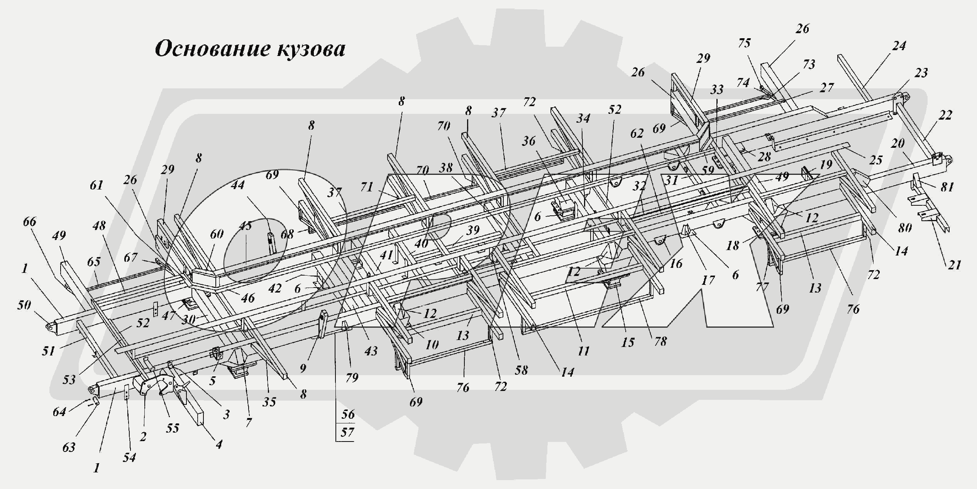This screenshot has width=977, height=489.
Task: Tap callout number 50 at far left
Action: click(x=24, y=305)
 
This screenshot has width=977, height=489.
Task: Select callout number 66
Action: click(x=30, y=222)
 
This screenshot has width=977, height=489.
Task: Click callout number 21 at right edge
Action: click(x=954, y=265)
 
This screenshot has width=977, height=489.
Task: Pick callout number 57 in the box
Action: click(x=347, y=432)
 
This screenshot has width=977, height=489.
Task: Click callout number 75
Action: click(x=744, y=43)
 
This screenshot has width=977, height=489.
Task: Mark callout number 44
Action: click(x=238, y=185)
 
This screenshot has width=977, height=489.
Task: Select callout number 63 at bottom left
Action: click(x=69, y=447)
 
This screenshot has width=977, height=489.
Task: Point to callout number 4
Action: click(x=219, y=444)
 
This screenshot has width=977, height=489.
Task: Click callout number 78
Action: click(x=660, y=341)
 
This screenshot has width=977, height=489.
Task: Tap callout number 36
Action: click(x=529, y=141)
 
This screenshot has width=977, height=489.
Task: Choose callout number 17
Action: click(x=708, y=280)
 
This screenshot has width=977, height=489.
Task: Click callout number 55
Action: click(x=173, y=428)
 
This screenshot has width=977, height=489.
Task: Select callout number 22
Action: click(x=945, y=115)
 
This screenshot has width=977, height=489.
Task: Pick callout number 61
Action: click(x=97, y=185)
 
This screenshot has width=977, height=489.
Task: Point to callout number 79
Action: click(x=352, y=377)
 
